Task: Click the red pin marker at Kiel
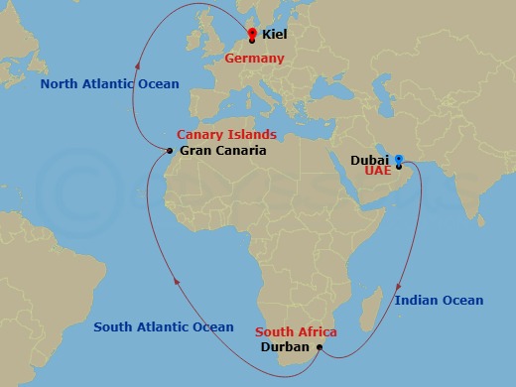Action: (252, 33)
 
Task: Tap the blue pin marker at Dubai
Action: (399, 158)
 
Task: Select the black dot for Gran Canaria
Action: (171, 151)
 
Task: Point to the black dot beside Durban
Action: (317, 347)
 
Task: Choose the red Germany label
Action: (255, 59)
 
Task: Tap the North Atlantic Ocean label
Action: (109, 84)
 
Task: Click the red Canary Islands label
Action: (226, 134)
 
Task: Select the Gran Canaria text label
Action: (223, 151)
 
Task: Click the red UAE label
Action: (378, 171)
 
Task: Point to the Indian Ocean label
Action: (439, 300)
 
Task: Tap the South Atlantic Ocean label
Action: (164, 326)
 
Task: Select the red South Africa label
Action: (296, 331)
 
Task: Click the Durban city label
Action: (284, 347)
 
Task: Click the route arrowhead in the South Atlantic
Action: (177, 283)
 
